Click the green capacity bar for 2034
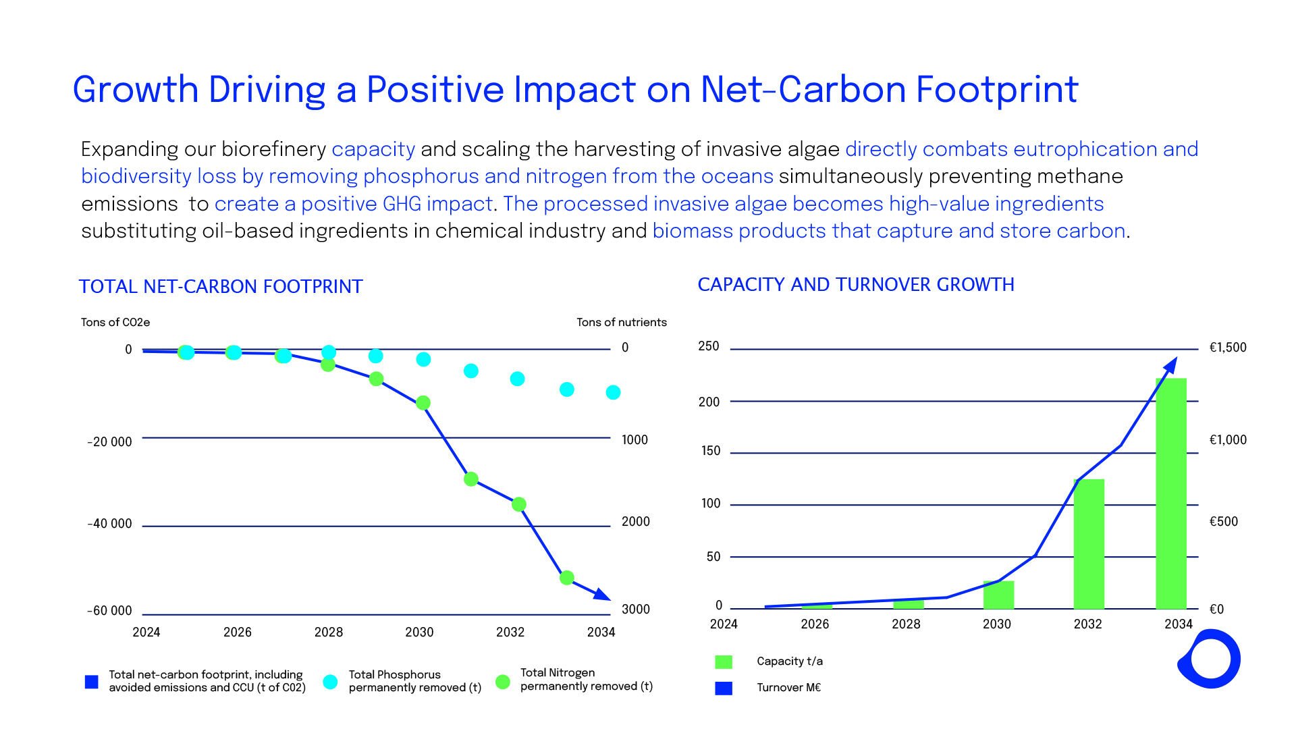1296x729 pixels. coord(1171,493)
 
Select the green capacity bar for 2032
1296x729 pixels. coord(1089,544)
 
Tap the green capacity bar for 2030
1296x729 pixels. coord(998,595)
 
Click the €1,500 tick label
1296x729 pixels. coord(1228,348)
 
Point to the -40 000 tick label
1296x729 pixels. coord(110,524)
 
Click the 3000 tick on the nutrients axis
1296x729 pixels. coord(636,610)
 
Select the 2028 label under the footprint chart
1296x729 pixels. coord(329,632)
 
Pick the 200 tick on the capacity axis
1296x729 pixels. coord(709,402)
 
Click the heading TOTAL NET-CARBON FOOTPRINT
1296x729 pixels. coord(221,287)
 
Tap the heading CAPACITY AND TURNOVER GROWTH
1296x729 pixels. coord(856,285)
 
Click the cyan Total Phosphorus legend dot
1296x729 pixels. coord(330,682)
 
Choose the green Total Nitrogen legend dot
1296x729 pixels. coord(502,682)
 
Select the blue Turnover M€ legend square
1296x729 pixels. coord(724,688)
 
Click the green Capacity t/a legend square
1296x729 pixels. coord(724,661)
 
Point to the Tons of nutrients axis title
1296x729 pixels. coord(622,323)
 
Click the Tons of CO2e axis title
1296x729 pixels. coord(115,323)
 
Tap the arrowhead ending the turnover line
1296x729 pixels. coord(1172,365)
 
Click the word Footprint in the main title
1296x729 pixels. coord(997,90)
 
